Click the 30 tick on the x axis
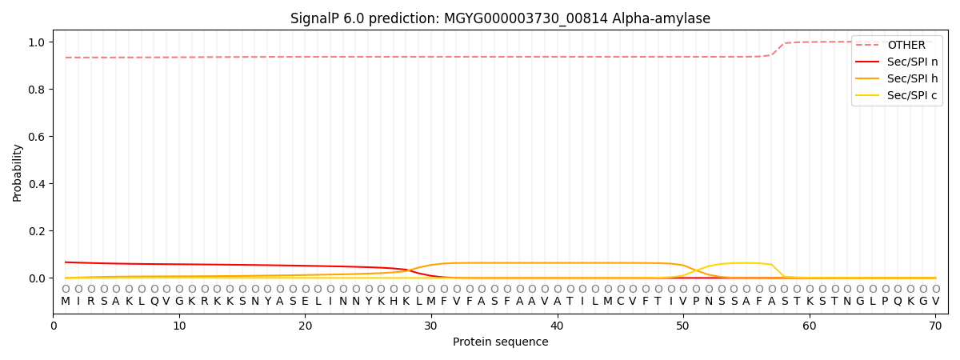point(431,326)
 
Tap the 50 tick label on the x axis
point(683,326)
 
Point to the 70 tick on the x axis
point(935,326)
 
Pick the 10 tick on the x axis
point(179,326)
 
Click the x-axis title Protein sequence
point(500,342)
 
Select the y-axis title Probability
point(18,172)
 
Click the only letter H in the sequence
point(394,301)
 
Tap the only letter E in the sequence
point(305,301)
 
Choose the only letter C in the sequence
point(620,301)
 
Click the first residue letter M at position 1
point(66,301)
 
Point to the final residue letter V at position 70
point(935,301)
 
